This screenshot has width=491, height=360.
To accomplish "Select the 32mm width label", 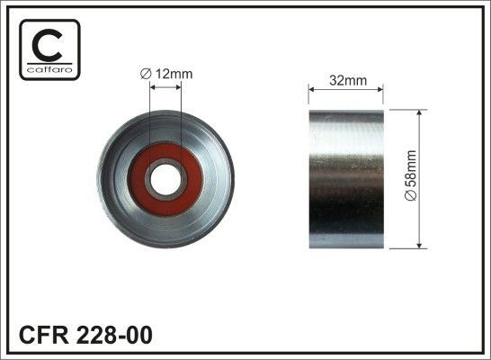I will click(x=345, y=79).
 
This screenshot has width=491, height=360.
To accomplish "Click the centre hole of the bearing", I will click(x=165, y=176).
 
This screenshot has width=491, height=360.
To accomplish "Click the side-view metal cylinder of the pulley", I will click(x=345, y=180).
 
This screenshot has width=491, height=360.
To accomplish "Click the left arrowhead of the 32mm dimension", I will click(x=312, y=89).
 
